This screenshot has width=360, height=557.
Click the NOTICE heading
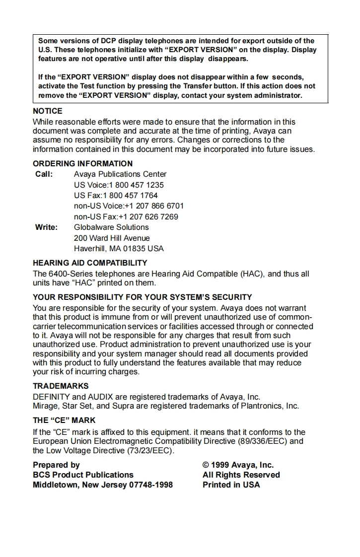[x=48, y=111]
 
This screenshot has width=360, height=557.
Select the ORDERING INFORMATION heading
[x=82, y=163]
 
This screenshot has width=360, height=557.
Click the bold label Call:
[x=44, y=174]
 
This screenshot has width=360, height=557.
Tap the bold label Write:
[x=46, y=227]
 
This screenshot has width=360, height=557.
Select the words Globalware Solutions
[x=111, y=227]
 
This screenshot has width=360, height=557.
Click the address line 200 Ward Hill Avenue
[x=112, y=238]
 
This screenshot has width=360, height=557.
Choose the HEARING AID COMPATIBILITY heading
[x=90, y=263]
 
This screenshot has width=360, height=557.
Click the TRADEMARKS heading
[x=61, y=386]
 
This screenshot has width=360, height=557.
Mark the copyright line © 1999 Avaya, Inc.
[x=238, y=465]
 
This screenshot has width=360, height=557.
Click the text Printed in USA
[x=231, y=485]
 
